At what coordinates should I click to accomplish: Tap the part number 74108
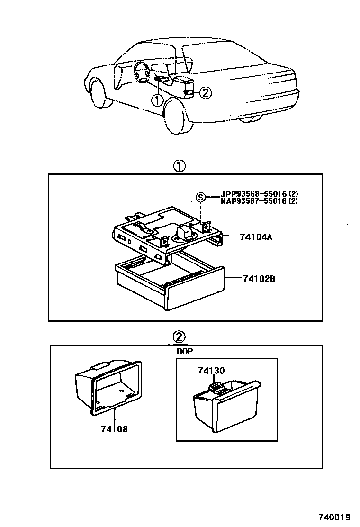[x=114, y=429]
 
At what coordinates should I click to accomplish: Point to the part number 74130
[x=211, y=371]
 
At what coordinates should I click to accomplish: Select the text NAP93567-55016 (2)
[x=259, y=201]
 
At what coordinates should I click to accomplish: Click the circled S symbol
[x=201, y=197]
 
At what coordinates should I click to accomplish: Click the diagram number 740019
[x=334, y=518]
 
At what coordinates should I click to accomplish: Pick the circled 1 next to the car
[x=157, y=100]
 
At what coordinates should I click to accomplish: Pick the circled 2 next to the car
[x=205, y=93]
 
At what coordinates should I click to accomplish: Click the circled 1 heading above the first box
[x=179, y=166]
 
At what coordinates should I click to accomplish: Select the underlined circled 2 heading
[x=179, y=336]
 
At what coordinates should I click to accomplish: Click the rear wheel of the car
[x=178, y=117]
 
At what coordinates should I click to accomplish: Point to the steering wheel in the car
[x=141, y=73]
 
